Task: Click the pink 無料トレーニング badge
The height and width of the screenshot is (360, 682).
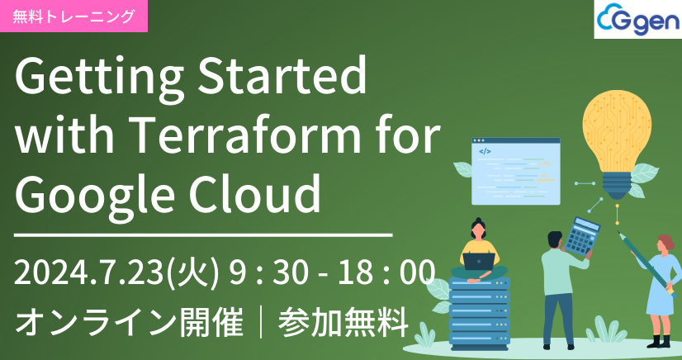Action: [73, 16]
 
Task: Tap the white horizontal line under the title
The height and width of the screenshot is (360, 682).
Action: [203, 235]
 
